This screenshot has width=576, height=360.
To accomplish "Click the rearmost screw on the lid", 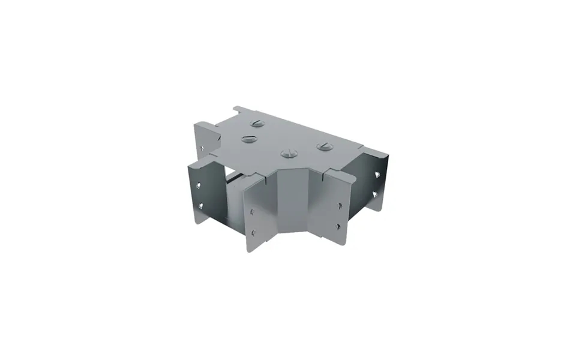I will [257, 124].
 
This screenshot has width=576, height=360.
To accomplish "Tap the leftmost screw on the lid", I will [248, 139].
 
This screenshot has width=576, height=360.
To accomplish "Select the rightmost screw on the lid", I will [325, 146].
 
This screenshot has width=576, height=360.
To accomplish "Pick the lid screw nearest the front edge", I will [289, 154].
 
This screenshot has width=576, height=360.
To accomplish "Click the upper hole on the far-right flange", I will [377, 175].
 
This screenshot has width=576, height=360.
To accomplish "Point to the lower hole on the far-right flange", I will [375, 194].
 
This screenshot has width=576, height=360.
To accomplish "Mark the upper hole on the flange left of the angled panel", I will [252, 211].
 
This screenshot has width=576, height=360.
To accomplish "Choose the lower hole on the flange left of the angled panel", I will [253, 232].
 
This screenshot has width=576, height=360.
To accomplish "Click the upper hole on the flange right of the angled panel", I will [339, 205].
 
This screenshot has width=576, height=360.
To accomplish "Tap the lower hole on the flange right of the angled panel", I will [339, 226].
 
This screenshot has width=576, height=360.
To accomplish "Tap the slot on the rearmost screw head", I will [257, 124].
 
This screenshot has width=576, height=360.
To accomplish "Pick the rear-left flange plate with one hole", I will [204, 141].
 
